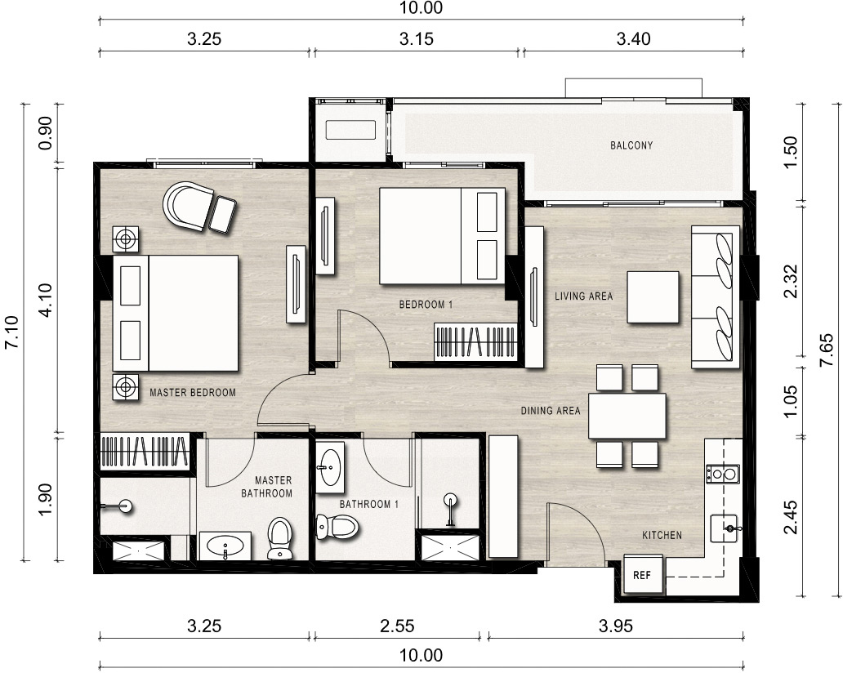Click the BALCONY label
(631, 145)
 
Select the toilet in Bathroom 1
(337, 526)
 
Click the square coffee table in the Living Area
(653, 296)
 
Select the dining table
(627, 416)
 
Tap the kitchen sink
(724, 528)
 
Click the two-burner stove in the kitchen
(723, 474)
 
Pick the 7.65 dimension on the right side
(827, 350)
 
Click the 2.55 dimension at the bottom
(397, 626)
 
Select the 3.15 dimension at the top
(416, 38)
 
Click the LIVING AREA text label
(583, 296)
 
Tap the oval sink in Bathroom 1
(330, 467)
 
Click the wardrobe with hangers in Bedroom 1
(475, 341)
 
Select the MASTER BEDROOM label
(193, 392)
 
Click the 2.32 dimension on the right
(790, 282)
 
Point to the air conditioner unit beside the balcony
(350, 130)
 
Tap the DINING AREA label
(551, 411)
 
